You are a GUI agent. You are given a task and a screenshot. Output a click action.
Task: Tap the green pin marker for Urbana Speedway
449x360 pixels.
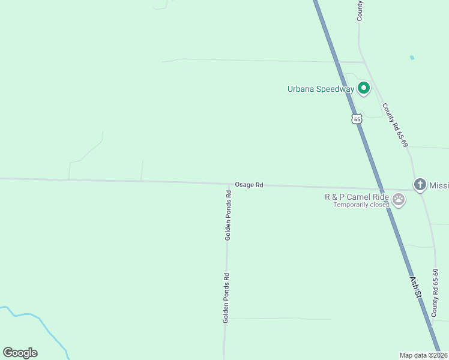pyautogui.click(x=363, y=88)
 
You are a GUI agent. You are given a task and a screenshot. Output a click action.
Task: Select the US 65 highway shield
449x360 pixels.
pyautogui.click(x=357, y=119)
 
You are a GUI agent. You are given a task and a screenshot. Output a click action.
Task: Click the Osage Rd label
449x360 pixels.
pyautogui.click(x=249, y=185)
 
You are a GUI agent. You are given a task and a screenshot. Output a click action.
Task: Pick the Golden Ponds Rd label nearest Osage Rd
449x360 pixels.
pyautogui.click(x=228, y=216)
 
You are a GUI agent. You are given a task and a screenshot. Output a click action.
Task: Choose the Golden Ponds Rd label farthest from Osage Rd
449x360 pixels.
pyautogui.click(x=226, y=299)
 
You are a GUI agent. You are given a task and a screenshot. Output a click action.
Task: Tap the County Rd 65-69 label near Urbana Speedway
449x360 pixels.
pyautogui.click(x=395, y=125)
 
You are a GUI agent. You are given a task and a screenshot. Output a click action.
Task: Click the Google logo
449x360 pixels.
pyautogui.click(x=20, y=353)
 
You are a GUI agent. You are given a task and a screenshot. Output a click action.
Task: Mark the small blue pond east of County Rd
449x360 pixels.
pyautogui.click(x=411, y=58)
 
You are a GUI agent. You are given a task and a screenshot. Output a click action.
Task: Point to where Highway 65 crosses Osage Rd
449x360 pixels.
pyautogui.click(x=378, y=187)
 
